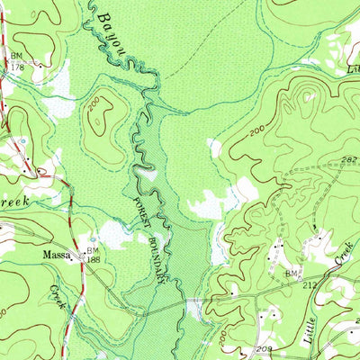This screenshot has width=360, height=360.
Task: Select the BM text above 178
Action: tap(17, 56)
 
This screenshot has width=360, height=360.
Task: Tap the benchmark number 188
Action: tap(94, 260)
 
